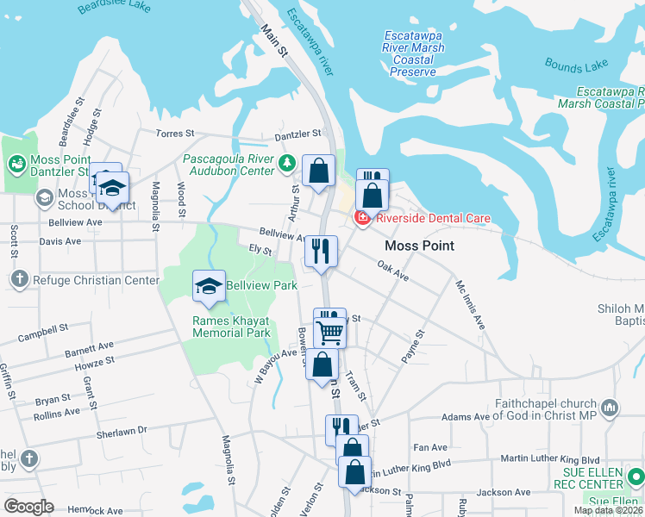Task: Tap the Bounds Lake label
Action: (x=575, y=65)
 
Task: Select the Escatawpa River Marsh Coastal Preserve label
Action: (x=414, y=53)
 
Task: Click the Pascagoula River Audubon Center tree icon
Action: (x=287, y=162)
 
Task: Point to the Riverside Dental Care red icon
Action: (x=363, y=219)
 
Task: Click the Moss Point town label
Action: (x=419, y=246)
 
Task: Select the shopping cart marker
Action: (x=330, y=333)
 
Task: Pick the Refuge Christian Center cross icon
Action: (x=19, y=279)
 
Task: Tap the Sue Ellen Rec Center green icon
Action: (x=636, y=475)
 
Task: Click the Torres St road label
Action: (x=176, y=134)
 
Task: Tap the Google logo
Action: (x=28, y=507)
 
